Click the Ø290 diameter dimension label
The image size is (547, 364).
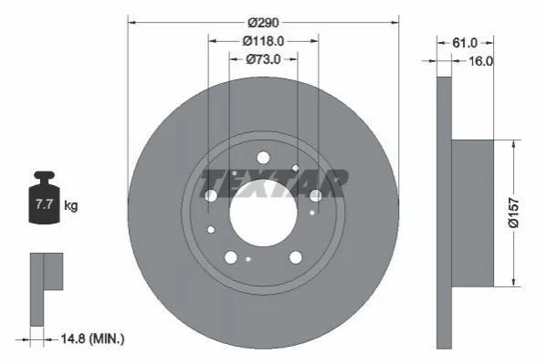pos(263,23)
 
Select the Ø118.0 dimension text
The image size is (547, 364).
pos(263,41)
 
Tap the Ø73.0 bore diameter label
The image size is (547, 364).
pos(263,59)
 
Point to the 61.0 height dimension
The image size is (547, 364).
pos(465,43)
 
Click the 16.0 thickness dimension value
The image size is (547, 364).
pos(480,61)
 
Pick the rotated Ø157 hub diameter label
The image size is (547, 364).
pos(514,213)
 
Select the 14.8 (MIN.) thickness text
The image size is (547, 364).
pos(92,338)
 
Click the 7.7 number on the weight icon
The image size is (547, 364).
pos(44,204)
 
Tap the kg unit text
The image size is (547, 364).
pos(71,205)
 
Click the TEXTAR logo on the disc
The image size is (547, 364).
pos(273,183)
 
